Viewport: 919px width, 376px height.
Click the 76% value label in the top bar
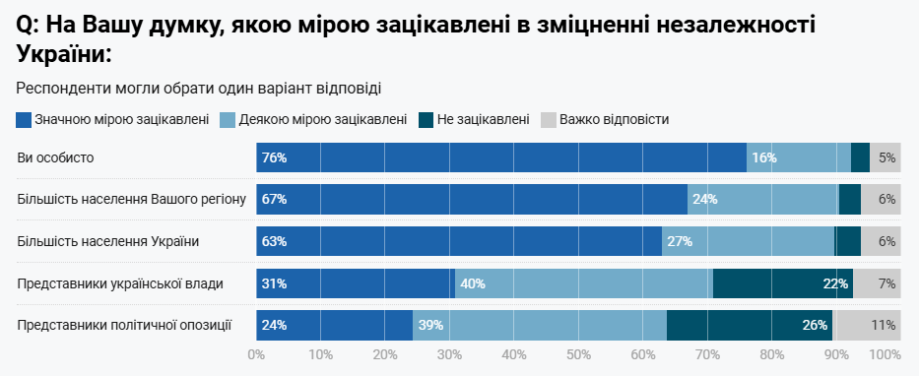click(x=274, y=157)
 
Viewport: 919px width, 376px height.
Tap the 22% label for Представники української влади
click(x=836, y=284)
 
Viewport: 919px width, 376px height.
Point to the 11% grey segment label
click(x=883, y=326)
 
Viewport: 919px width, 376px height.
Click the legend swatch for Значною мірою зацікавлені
click(x=24, y=120)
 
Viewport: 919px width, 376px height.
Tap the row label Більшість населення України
click(x=108, y=241)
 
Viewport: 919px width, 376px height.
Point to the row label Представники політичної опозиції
click(x=124, y=325)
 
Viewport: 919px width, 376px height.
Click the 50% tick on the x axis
click(x=578, y=354)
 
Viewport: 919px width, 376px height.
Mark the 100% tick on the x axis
click(x=885, y=354)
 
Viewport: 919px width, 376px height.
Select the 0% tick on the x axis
click(x=257, y=354)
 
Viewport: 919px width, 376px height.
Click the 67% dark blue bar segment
click(x=473, y=200)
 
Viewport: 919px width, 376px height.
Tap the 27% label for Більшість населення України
click(x=680, y=242)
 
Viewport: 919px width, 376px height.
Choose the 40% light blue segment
click(x=581, y=284)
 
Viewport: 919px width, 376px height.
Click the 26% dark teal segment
click(x=749, y=326)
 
